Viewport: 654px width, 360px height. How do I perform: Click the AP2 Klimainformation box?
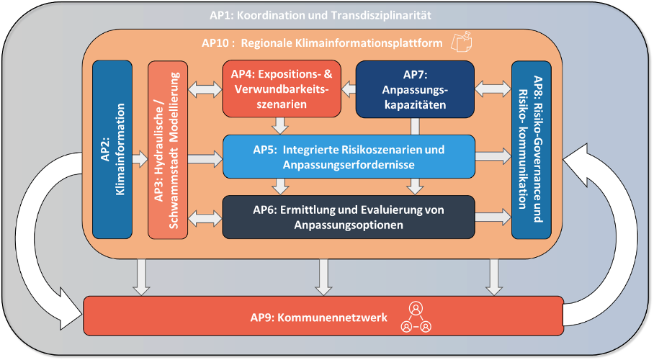pyautogui.click(x=112, y=149)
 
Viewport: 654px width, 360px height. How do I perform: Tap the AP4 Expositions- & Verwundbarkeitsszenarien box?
pyautogui.click(x=282, y=89)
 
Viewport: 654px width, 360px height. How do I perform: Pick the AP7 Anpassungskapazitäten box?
pyautogui.click(x=415, y=89)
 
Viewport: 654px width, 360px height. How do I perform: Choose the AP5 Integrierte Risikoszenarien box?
pyautogui.click(x=349, y=156)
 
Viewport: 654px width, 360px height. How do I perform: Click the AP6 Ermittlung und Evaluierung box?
pyautogui.click(x=349, y=217)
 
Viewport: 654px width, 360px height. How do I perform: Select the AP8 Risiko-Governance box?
pyautogui.click(x=532, y=150)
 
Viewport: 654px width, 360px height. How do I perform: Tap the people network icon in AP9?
pyautogui.click(x=416, y=318)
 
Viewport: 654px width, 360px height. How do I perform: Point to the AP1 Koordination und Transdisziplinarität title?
pyautogui.click(x=321, y=15)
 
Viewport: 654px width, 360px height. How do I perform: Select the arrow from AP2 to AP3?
pyautogui.click(x=140, y=159)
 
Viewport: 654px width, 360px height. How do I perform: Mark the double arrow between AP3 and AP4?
pyautogui.click(x=205, y=89)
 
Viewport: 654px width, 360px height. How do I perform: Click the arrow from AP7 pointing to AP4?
pyautogui.click(x=349, y=89)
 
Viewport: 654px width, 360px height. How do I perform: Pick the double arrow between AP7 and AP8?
pyautogui.click(x=493, y=89)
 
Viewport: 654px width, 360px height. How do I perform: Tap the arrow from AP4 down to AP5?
pyautogui.click(x=280, y=125)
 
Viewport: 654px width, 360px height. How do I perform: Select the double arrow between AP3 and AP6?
pyautogui.click(x=205, y=218)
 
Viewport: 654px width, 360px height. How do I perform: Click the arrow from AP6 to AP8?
pyautogui.click(x=493, y=217)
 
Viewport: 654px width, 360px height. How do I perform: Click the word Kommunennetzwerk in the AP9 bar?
pyautogui.click(x=333, y=318)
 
